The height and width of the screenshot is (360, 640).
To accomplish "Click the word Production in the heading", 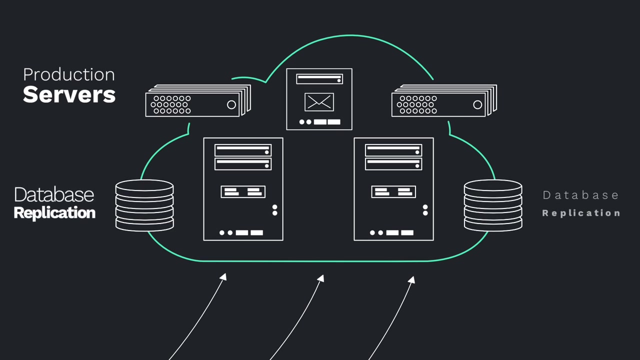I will (x=69, y=74).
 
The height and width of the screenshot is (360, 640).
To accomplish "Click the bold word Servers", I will (x=69, y=94).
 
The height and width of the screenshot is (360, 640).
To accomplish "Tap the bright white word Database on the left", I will (x=54, y=194).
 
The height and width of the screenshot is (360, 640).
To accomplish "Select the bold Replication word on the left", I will (x=54, y=212).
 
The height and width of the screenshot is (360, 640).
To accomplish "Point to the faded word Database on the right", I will (x=580, y=195).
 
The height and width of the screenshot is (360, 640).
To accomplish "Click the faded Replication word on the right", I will (x=581, y=213).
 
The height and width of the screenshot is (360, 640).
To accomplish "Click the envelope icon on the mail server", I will (x=319, y=102).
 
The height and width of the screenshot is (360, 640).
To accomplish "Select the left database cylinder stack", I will (x=144, y=205).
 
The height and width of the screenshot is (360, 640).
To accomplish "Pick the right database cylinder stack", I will (x=493, y=205).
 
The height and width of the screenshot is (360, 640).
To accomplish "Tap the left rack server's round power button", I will (x=231, y=104).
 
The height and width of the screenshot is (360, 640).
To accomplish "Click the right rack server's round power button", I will (x=477, y=104).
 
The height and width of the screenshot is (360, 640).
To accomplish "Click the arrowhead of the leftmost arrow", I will (x=223, y=276).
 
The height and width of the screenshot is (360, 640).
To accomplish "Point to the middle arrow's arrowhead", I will (x=321, y=278).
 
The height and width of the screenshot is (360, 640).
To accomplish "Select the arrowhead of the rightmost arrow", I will (x=411, y=279).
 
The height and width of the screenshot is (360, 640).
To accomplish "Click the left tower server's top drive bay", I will (x=243, y=150).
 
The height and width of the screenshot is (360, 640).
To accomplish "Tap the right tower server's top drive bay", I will (x=393, y=150).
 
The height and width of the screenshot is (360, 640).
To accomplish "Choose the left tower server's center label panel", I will (x=243, y=191).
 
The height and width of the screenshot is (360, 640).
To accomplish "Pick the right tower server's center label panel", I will (x=393, y=191).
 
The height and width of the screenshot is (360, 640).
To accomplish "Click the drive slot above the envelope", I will (x=319, y=79).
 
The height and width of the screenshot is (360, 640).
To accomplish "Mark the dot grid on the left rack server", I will (x=172, y=104).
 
